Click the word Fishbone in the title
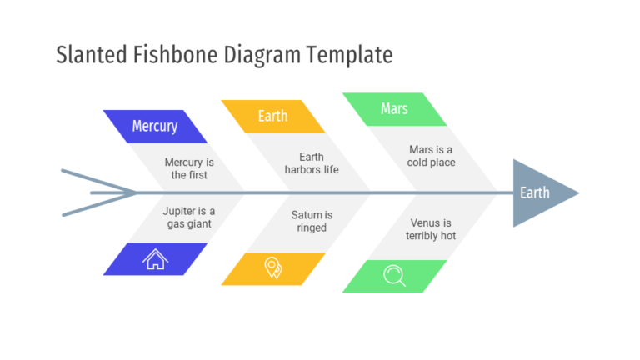point(174,56)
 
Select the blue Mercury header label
point(155,127)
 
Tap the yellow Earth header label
point(272,117)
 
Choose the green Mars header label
point(394,109)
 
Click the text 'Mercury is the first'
point(189,168)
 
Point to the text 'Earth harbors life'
point(312,163)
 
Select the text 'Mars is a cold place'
point(431,156)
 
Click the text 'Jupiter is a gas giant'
point(188,217)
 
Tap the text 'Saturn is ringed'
point(312,222)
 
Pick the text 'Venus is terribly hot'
point(431,229)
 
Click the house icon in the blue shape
point(155,259)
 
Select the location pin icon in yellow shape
point(272,268)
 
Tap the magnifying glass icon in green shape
point(394,276)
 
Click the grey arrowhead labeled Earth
point(539,193)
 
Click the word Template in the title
point(349,56)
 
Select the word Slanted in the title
point(91,56)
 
